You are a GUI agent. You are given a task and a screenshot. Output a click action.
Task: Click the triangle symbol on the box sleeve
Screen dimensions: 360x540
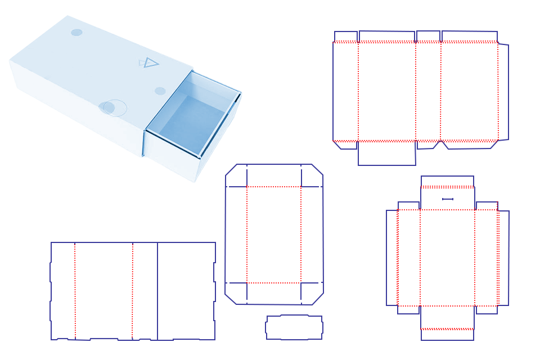(x=150, y=62)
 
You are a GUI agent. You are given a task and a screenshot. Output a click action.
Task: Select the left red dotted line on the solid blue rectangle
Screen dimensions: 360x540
(x=75, y=291)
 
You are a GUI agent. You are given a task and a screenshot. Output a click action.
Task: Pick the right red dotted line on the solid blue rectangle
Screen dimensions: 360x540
(x=132, y=291)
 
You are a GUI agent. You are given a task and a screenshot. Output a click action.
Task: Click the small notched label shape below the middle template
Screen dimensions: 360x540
(x=294, y=327)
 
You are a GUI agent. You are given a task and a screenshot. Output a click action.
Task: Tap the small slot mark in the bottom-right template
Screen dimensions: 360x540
(x=448, y=199)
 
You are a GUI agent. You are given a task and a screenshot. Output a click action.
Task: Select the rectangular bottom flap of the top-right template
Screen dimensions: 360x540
(x=386, y=153)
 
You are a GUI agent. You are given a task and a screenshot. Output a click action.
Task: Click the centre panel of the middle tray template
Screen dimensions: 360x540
(x=274, y=234)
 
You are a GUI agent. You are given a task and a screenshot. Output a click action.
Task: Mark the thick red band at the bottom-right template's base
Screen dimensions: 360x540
(x=447, y=329)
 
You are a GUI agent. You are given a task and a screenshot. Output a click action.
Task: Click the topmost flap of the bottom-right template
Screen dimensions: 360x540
(x=447, y=181)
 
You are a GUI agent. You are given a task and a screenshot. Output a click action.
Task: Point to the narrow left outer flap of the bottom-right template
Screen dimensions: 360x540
(x=391, y=258)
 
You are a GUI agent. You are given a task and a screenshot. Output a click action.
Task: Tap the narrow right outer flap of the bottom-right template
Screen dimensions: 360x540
(x=503, y=258)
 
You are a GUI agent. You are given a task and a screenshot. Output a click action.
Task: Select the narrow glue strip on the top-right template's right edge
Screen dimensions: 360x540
(x=503, y=92)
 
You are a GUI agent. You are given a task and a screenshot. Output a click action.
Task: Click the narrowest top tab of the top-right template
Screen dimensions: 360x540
(x=345, y=37)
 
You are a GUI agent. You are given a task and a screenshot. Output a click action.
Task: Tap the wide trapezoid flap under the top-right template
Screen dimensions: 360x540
(x=470, y=145)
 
